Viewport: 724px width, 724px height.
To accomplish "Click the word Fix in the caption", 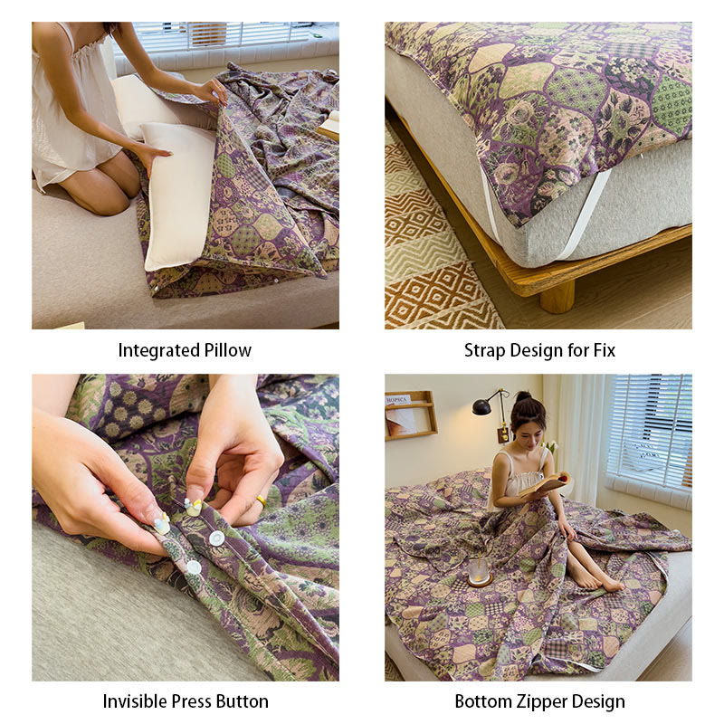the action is (x=604, y=350).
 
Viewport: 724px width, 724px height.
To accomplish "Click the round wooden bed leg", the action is (x=557, y=297).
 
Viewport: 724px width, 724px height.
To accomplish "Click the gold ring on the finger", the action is (x=261, y=500).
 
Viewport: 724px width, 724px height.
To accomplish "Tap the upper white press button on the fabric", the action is (x=216, y=538).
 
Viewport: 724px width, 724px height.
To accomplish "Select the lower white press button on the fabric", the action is (x=194, y=567).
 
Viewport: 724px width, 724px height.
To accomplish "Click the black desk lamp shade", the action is (x=481, y=406).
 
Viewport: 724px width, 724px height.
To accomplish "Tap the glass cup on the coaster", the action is (x=478, y=572).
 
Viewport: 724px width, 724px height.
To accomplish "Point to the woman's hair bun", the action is (x=524, y=396).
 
